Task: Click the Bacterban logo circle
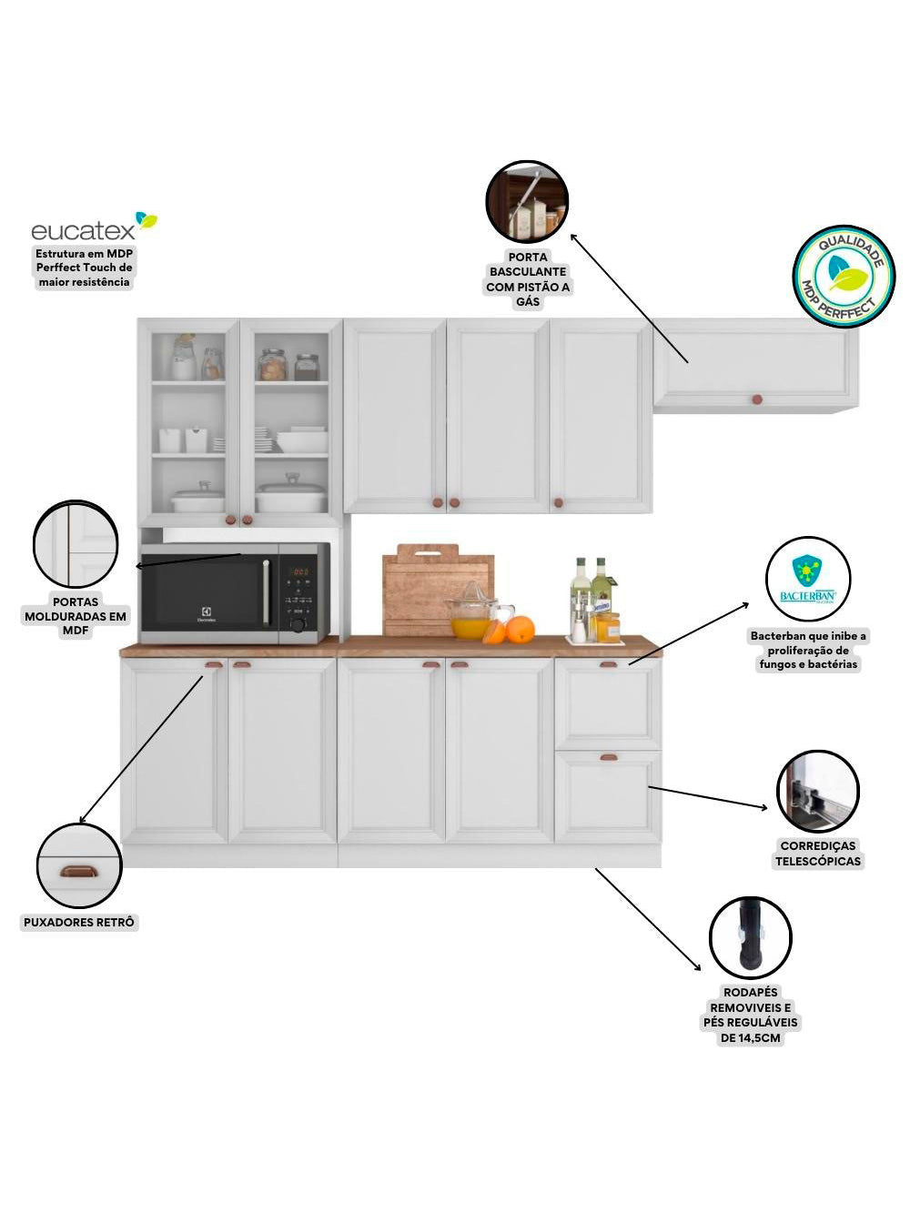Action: coord(808,580)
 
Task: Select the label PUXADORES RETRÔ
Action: coord(79,923)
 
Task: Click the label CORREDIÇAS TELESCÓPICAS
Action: coord(817,854)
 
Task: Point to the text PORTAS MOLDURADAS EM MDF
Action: coord(76,616)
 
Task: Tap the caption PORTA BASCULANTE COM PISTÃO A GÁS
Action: coord(528,279)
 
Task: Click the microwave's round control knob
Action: coord(298,624)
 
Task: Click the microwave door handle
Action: coord(266,592)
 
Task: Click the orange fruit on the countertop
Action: coord(521,629)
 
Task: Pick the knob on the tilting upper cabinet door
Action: coord(755,399)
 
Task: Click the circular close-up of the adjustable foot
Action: coord(750,938)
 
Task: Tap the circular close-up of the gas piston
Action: coord(527,201)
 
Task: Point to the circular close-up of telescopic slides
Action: coord(817,792)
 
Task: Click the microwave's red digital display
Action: coord(300,573)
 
